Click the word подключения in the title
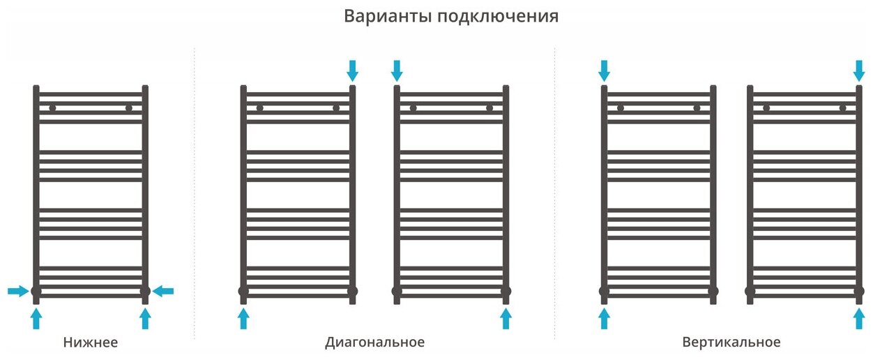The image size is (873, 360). tap(498, 17)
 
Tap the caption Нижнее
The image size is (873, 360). tap(90, 343)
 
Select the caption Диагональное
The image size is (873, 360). tap(374, 343)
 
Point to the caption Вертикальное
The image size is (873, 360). tap(731, 343)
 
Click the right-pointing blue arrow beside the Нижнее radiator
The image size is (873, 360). tap(18, 291)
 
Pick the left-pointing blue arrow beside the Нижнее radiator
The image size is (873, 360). tap(163, 291)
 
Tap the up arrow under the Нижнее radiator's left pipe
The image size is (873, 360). tap(36, 319)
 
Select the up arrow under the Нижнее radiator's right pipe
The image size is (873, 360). tap(145, 319)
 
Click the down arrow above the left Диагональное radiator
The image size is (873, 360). tap(352, 70)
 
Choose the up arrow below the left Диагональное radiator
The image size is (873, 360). tap(243, 319)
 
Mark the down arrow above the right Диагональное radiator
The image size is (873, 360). tap(397, 70)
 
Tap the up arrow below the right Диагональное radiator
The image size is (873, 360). tap(506, 319)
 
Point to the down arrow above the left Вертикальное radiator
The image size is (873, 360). tap(604, 70)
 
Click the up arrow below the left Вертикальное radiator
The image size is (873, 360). tap(604, 319)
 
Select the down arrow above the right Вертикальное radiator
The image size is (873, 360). tap(859, 70)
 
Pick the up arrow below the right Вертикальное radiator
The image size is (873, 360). tap(859, 319)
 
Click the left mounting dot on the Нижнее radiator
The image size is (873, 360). tap(52, 108)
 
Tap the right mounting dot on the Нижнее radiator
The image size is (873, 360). tap(129, 108)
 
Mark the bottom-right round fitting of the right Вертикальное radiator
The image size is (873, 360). tap(859, 291)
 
